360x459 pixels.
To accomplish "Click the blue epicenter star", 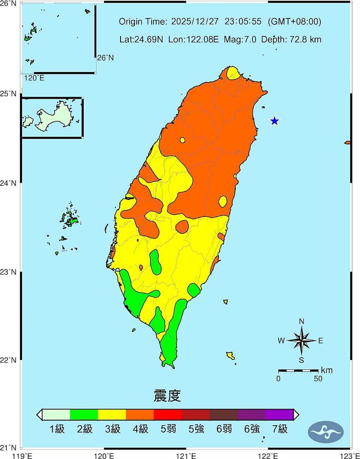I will pyautogui.click(x=274, y=121).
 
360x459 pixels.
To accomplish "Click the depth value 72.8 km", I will pyautogui.click(x=306, y=39).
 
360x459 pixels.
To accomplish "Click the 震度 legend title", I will pyautogui.click(x=167, y=396).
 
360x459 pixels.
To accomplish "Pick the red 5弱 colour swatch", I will pyautogui.click(x=168, y=414).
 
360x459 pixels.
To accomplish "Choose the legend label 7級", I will pyautogui.click(x=279, y=429).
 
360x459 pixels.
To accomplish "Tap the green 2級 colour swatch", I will pyautogui.click(x=84, y=414).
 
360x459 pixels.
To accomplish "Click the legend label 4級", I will pyautogui.click(x=140, y=429).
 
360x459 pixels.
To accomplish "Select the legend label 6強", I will pyautogui.click(x=252, y=429).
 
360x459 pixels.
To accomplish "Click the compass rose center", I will pyautogui.click(x=301, y=341).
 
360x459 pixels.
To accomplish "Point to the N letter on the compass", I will pyautogui.click(x=301, y=321).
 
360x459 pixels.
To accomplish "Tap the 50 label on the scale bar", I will pyautogui.click(x=318, y=378).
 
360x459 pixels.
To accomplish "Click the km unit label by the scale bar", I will pyautogui.click(x=327, y=370).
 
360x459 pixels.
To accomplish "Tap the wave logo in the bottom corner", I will pyautogui.click(x=326, y=432).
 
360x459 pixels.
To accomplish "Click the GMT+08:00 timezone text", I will pyautogui.click(x=295, y=22).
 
